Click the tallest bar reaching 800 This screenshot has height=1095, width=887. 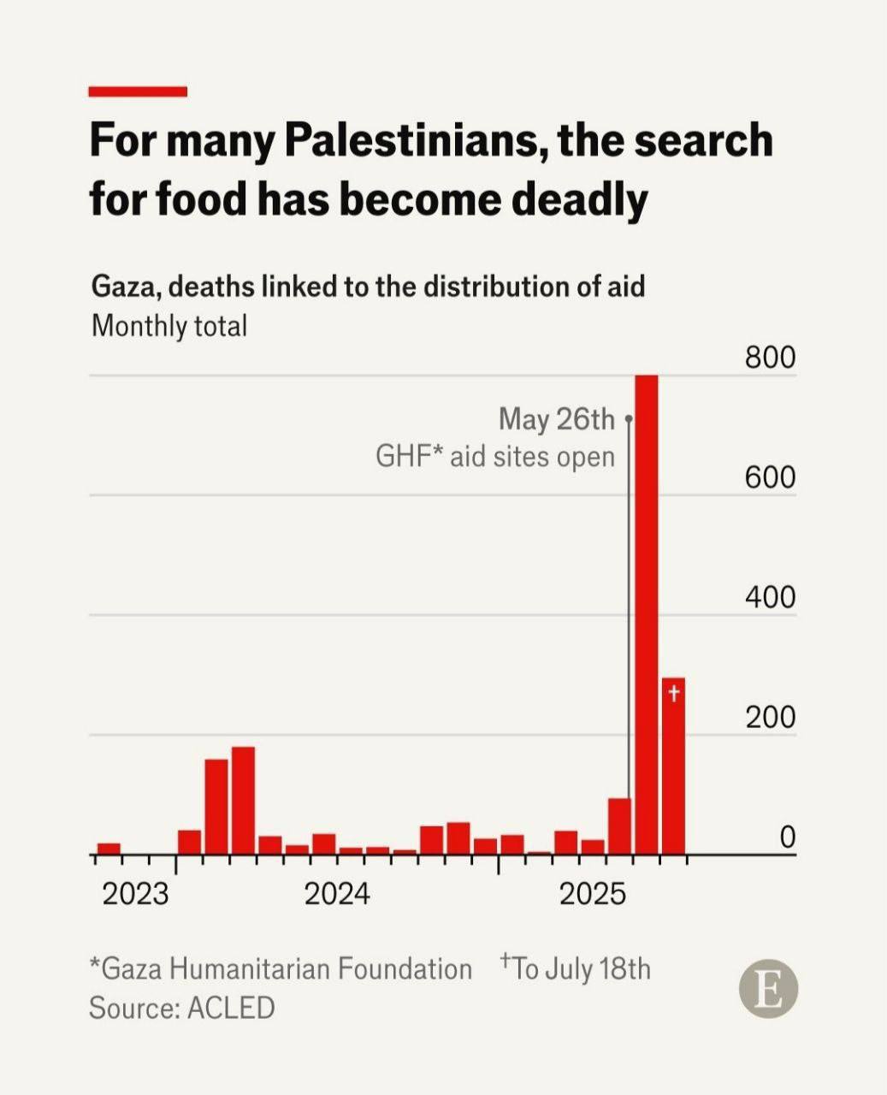pos(647,614)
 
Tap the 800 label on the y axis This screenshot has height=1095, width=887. pos(770,358)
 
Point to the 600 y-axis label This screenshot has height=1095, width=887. pos(770,477)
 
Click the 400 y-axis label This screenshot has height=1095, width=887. pos(770,597)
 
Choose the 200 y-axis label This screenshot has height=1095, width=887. pos(770,717)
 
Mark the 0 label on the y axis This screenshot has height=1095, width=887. pos(787,838)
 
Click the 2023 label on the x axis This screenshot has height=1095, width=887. pos(135,894)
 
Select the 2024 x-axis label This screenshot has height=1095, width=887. pos(337,894)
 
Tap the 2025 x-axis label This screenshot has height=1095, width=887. pos(593,894)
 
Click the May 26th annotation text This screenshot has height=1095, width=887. pos(556,419)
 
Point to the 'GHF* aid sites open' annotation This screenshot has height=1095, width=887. pos(495,456)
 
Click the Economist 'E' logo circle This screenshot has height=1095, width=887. pos(768,989)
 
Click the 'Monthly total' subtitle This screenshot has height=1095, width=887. pos(169,326)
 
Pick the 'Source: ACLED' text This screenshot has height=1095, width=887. pos(182,1007)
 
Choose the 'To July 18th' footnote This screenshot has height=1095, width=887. pos(577,968)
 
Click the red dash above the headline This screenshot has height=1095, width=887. pos(138,92)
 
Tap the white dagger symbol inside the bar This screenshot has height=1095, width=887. pos(674,693)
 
